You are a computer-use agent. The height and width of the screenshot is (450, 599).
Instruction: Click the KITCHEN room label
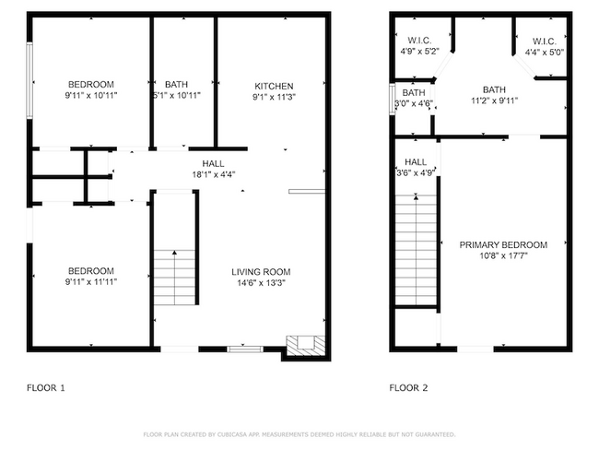[274, 85]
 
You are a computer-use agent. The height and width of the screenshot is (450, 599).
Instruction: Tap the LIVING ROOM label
[261, 272]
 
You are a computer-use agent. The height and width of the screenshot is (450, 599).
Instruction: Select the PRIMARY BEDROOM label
[503, 245]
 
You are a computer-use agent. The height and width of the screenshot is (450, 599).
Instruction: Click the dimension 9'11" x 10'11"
[89, 96]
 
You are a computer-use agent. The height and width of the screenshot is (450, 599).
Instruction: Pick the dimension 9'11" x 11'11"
[91, 281]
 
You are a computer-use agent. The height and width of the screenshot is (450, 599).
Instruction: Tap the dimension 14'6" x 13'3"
[261, 283]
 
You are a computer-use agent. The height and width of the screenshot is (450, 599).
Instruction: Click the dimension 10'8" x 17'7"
[503, 256]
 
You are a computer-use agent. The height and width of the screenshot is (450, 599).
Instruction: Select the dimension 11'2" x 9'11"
[495, 101]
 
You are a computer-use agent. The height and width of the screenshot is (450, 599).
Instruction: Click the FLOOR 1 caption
[46, 388]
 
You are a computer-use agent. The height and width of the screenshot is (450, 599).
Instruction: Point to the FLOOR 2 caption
[409, 388]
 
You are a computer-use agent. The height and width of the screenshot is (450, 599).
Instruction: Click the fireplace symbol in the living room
[301, 345]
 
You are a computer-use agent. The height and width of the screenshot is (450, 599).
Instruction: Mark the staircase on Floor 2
[415, 249]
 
